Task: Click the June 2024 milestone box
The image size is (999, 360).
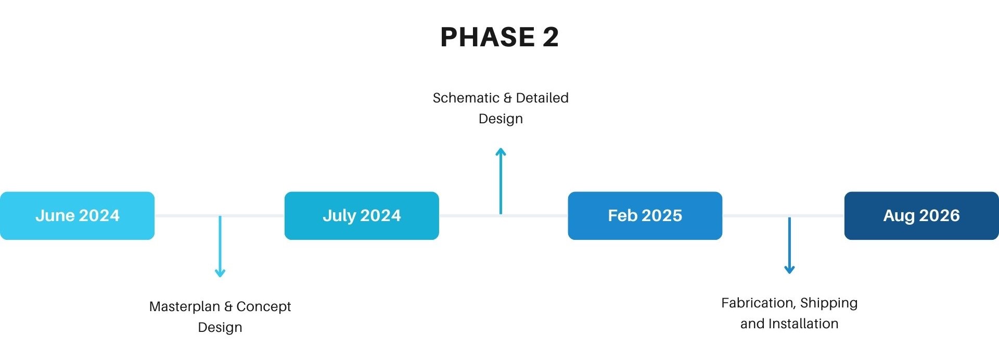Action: (x=77, y=215)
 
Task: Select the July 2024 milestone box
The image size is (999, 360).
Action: (x=362, y=215)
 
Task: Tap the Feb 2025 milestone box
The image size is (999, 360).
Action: (x=645, y=215)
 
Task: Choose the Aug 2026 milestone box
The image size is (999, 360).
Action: (x=921, y=215)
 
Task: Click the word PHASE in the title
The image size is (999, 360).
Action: (x=488, y=37)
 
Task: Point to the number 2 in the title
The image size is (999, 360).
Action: (x=550, y=37)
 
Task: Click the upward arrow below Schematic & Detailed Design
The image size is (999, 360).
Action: (x=501, y=181)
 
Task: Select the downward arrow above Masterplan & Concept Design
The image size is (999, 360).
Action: (x=220, y=246)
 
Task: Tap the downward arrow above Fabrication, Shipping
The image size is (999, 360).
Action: (x=789, y=245)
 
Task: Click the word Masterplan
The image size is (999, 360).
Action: (x=185, y=306)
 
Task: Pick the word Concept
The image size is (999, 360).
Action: (x=263, y=306)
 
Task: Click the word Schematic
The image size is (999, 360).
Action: (x=466, y=98)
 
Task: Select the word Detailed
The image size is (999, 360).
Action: (x=542, y=98)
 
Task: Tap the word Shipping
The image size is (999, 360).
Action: (x=829, y=303)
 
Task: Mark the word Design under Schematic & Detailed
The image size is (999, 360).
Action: (x=501, y=119)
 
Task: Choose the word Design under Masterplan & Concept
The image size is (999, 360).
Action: (x=220, y=328)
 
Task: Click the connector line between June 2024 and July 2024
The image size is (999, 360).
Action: (x=220, y=215)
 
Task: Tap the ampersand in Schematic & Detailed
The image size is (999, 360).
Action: (x=508, y=98)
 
